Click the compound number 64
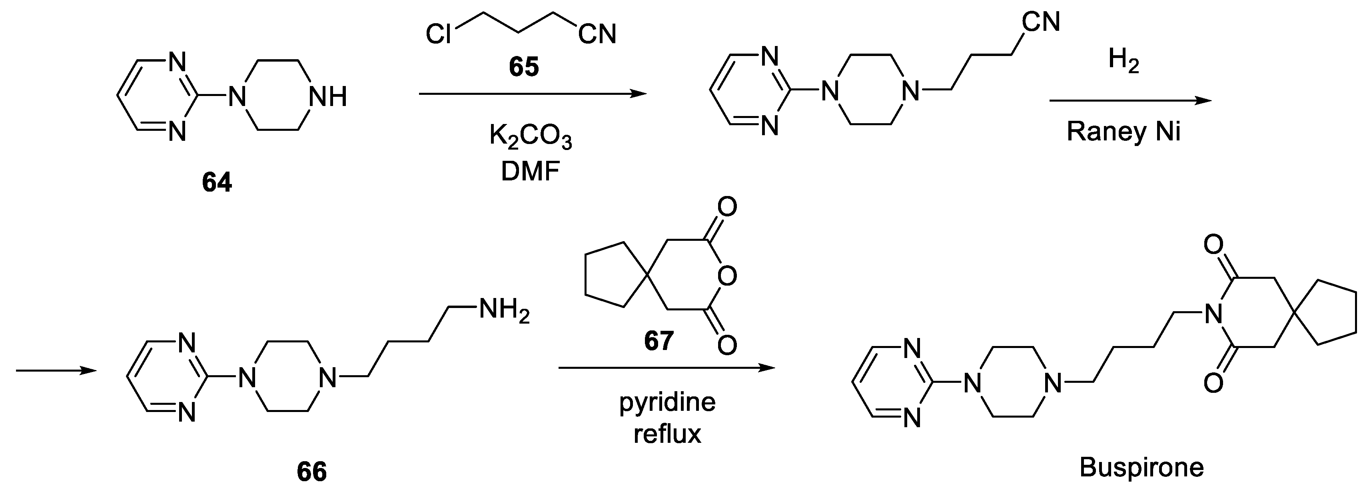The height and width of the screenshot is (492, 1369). click(217, 182)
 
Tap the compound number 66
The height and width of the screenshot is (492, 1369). click(311, 471)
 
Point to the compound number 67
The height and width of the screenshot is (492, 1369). click(659, 340)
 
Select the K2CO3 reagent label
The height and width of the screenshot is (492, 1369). click(531, 137)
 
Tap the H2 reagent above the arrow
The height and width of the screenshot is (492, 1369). click(1124, 61)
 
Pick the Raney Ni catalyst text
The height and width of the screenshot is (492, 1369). click(1124, 131)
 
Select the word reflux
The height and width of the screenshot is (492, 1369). click(667, 434)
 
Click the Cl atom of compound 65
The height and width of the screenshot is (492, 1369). click(439, 35)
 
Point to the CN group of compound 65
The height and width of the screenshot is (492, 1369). click(597, 35)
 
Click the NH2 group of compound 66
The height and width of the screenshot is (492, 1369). click(504, 310)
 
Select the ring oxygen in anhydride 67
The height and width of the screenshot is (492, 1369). click(726, 276)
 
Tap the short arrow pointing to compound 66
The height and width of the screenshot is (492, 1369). click(56, 371)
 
